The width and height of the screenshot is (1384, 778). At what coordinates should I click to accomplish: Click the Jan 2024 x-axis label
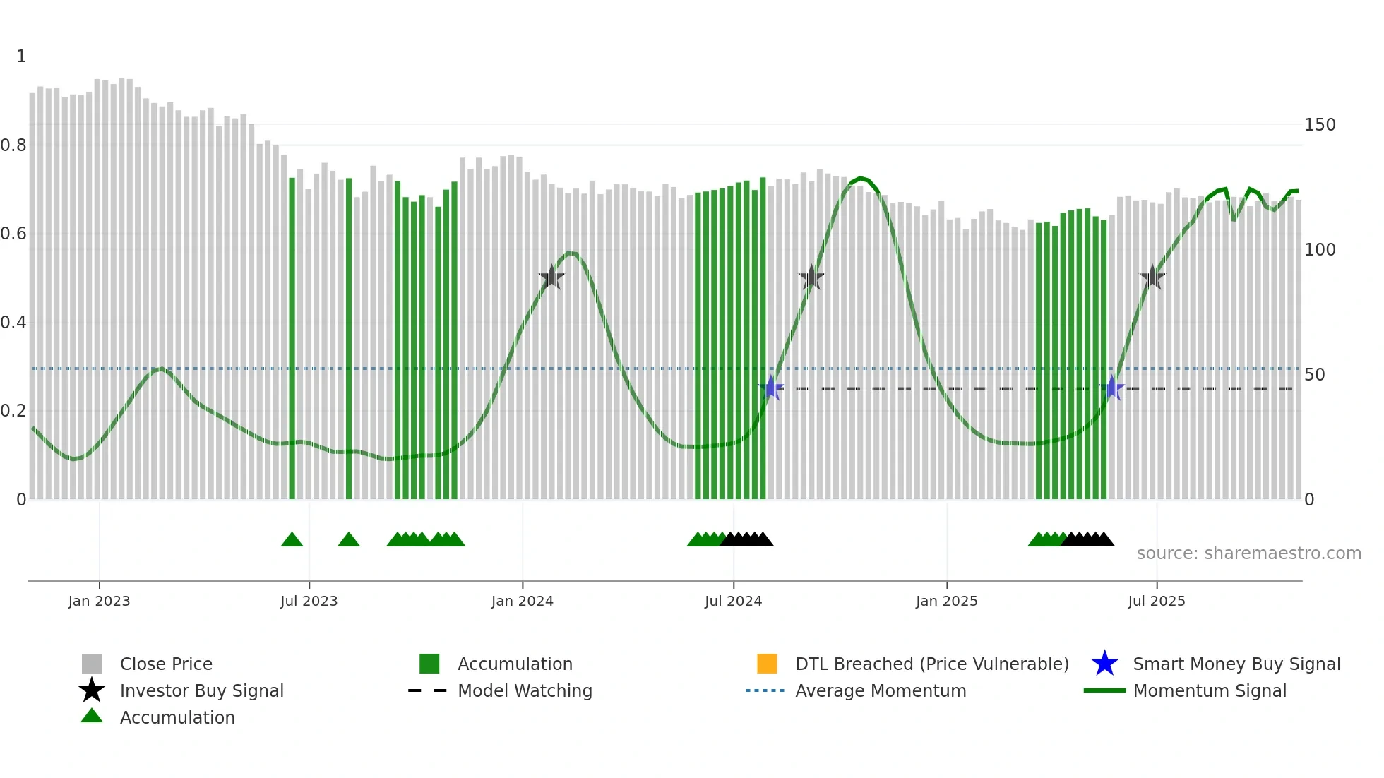[x=522, y=601]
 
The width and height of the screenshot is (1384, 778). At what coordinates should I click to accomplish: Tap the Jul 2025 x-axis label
[x=1156, y=601]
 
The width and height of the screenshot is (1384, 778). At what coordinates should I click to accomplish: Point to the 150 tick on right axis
[x=1319, y=125]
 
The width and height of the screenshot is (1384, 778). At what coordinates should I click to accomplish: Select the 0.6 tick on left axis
[x=13, y=234]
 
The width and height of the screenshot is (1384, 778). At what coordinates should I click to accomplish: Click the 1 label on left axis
[x=21, y=56]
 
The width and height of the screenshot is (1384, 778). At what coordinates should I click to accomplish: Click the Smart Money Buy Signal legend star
[x=1104, y=664]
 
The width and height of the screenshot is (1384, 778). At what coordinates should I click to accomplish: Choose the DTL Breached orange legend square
[x=767, y=664]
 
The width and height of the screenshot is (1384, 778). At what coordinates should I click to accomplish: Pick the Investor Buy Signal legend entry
[x=201, y=690]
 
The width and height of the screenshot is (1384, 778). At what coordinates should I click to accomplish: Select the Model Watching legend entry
[x=525, y=690]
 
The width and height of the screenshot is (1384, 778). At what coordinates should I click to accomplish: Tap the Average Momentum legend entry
[x=880, y=690]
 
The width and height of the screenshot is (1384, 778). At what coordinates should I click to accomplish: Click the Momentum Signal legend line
[x=1104, y=690]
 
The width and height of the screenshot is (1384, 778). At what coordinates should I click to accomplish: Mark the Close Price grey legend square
[x=92, y=664]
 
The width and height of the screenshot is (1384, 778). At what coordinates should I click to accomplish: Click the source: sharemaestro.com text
[x=1248, y=553]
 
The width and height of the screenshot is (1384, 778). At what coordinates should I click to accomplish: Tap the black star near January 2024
[x=551, y=277]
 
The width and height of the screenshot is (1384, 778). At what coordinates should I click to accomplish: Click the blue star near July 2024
[x=771, y=388]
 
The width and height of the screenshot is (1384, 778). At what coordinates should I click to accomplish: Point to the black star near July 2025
[x=1152, y=277]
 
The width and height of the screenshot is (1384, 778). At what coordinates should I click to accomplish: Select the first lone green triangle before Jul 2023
[x=292, y=540]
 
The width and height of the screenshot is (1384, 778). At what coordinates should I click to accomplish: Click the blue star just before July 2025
[x=1112, y=388]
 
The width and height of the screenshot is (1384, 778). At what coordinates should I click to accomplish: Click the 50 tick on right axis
[x=1314, y=375]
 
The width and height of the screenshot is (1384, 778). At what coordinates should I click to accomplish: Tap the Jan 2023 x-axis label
[x=99, y=601]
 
